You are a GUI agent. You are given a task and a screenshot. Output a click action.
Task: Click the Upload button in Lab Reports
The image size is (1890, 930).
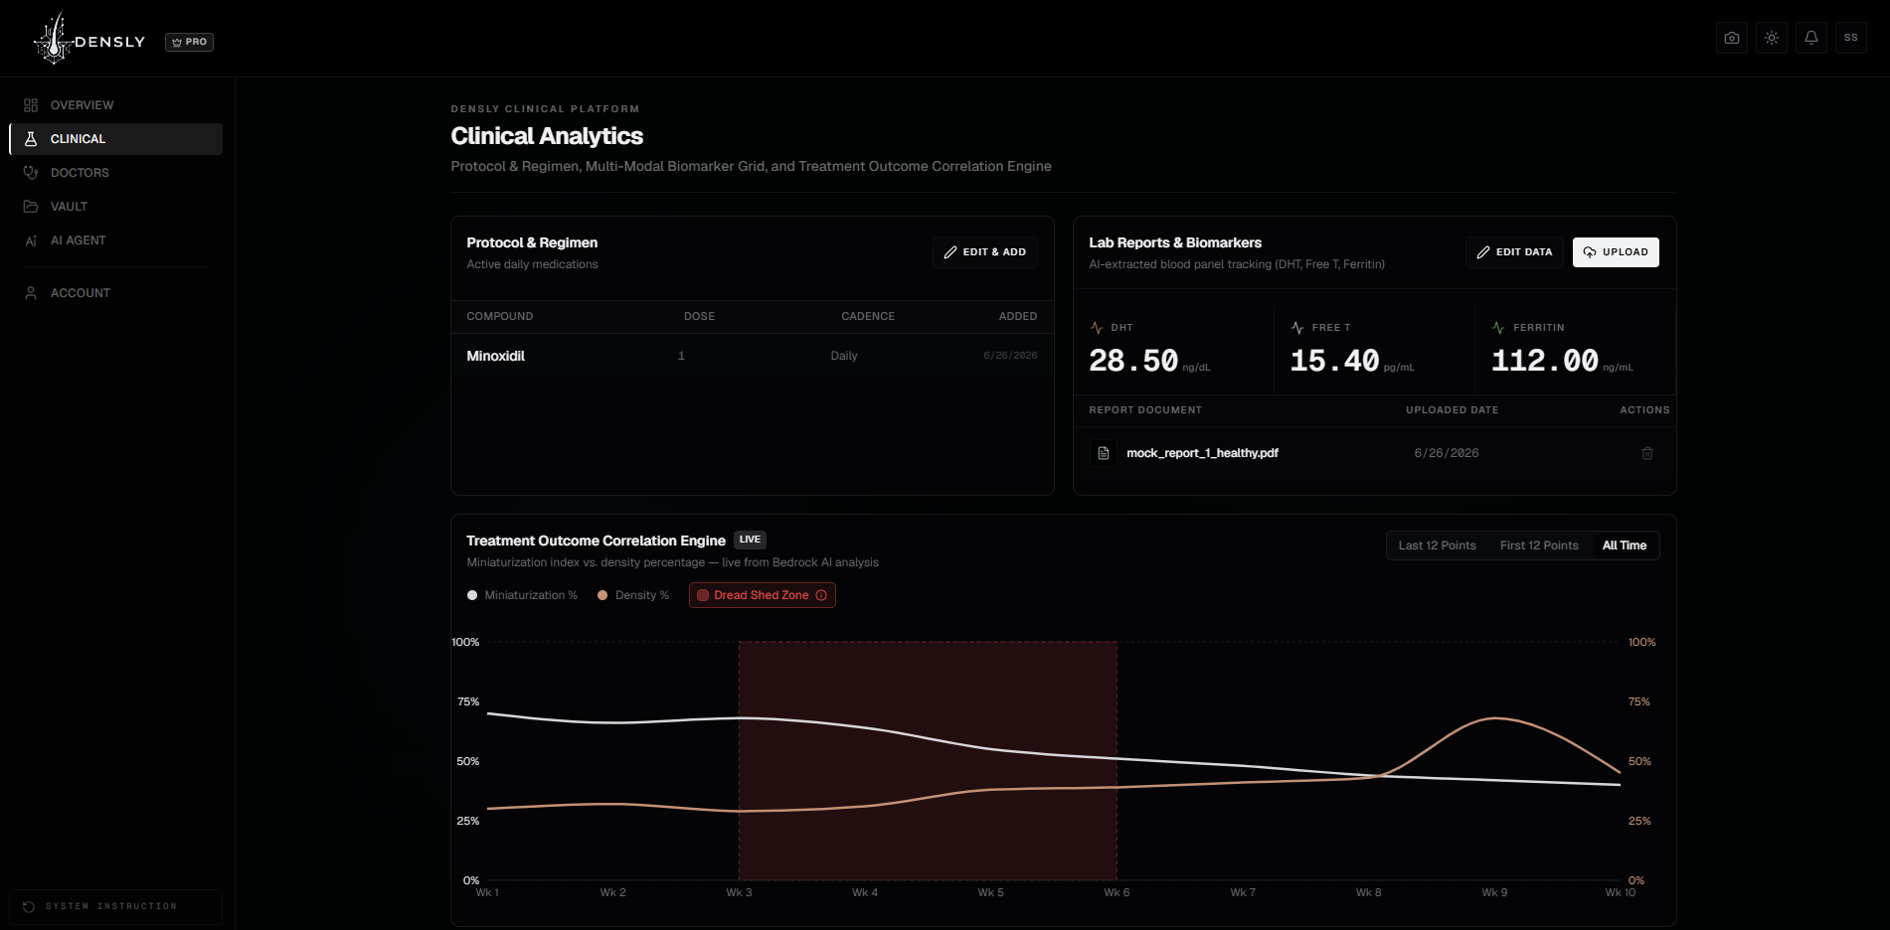(1616, 252)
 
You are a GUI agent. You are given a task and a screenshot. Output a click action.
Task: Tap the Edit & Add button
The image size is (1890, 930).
(985, 252)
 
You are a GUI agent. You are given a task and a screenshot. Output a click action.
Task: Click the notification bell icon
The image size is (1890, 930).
(1811, 38)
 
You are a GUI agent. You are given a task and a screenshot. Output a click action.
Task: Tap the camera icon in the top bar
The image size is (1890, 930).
(1732, 38)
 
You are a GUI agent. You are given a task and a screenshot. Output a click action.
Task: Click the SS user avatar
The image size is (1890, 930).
(1851, 38)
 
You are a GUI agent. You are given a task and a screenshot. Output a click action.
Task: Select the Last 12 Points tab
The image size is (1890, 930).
(1437, 545)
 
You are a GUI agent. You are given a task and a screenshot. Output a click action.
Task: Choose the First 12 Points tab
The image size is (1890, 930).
(1539, 545)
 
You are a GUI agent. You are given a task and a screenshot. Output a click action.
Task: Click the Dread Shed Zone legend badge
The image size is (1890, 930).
(763, 595)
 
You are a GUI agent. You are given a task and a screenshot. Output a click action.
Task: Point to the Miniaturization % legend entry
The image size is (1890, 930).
(522, 595)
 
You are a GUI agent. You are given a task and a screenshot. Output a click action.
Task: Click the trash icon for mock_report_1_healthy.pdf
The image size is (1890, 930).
(1647, 453)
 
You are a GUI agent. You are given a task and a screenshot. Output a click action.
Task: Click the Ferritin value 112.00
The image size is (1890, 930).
(1545, 361)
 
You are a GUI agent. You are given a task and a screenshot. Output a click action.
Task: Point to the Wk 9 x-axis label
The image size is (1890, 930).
(1494, 892)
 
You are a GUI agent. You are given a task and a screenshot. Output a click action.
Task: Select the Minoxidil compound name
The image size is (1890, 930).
(496, 356)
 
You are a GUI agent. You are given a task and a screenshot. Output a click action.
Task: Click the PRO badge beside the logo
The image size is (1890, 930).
(189, 42)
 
